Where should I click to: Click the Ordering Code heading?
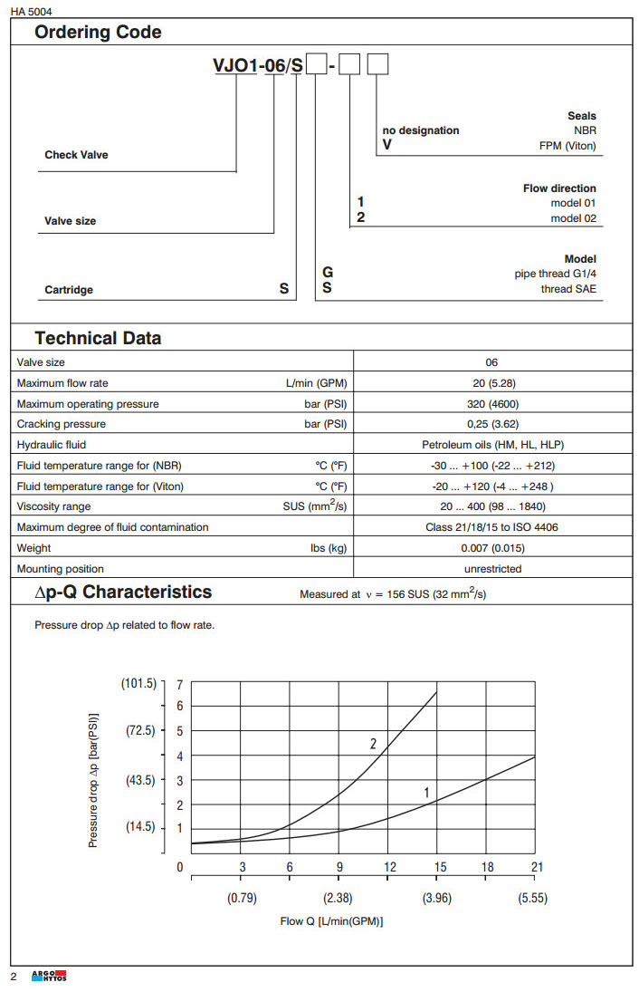click(x=98, y=33)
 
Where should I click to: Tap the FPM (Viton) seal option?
click(x=567, y=145)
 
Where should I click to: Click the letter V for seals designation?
click(x=387, y=145)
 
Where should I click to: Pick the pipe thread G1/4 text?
click(x=555, y=274)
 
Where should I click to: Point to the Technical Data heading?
click(x=98, y=339)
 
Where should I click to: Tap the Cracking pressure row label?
click(x=62, y=424)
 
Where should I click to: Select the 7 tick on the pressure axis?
click(x=180, y=685)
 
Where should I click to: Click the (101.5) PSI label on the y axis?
click(x=139, y=683)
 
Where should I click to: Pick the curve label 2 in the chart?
click(x=373, y=744)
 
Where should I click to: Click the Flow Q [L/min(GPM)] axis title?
click(x=332, y=921)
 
